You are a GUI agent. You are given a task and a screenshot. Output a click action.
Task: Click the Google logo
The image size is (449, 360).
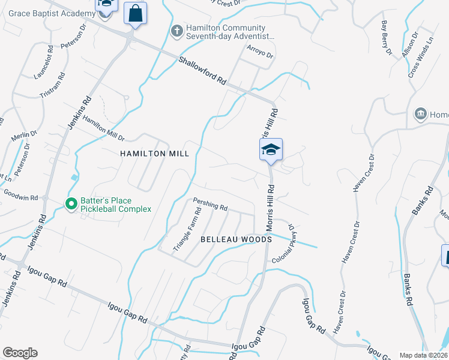point(20,353)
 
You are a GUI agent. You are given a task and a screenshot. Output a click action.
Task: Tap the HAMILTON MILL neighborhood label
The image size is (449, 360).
point(155,154)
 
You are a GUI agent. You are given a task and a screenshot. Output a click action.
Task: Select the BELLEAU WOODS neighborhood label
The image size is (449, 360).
point(236,239)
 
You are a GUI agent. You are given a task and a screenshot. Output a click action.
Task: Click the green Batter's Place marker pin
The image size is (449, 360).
point(71,205)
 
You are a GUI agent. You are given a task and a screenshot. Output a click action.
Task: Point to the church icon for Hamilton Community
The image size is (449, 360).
point(177,31)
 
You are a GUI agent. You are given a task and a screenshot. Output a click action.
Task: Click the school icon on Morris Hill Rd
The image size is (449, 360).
point(271,150)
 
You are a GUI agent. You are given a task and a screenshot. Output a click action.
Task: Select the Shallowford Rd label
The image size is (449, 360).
point(202,71)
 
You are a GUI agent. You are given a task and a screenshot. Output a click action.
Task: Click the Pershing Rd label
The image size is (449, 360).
point(210,205)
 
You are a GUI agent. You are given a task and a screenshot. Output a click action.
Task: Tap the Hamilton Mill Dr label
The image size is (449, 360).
point(103,128)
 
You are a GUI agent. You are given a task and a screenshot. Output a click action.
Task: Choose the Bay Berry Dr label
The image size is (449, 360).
point(386,38)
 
